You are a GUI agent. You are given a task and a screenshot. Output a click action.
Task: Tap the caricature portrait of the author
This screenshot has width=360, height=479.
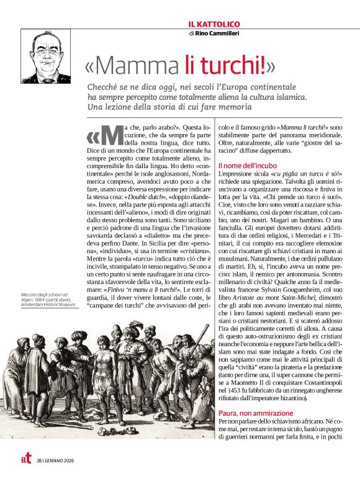coord(45,56)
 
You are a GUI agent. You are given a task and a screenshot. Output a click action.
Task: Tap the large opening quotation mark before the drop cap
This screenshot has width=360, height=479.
coord(93,135)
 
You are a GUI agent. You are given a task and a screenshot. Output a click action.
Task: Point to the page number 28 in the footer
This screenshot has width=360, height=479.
coord(39,460)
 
